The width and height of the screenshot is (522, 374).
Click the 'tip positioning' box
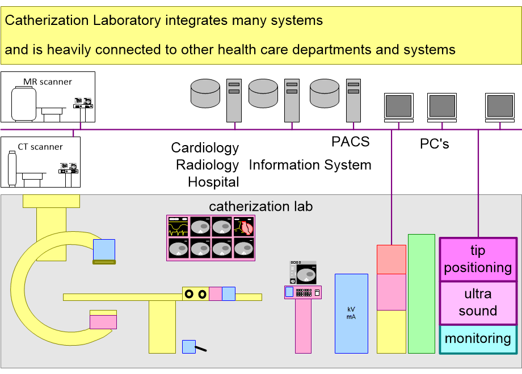(478, 259)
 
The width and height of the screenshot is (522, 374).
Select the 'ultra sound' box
(478, 303)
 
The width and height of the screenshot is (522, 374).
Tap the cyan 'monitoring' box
(478, 339)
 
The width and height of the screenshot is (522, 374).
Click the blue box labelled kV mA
(352, 313)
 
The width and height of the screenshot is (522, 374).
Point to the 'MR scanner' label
(48, 82)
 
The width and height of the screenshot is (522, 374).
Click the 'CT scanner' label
(40, 147)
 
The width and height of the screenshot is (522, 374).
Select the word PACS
(350, 142)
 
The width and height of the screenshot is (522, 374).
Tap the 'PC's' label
(434, 144)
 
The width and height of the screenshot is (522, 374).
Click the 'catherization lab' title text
(260, 206)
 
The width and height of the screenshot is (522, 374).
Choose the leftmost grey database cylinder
(205, 93)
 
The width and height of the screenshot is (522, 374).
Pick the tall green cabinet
(421, 294)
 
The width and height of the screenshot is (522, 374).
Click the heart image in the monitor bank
(245, 227)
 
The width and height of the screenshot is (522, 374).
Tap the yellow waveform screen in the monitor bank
(178, 227)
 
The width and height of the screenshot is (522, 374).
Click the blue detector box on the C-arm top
(104, 249)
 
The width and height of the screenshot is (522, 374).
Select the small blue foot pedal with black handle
(190, 346)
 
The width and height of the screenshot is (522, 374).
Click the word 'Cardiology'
(205, 148)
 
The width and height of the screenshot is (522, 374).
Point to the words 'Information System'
(310, 165)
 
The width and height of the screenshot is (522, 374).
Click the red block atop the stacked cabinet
(392, 259)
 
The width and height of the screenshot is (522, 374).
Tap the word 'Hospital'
(213, 182)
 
